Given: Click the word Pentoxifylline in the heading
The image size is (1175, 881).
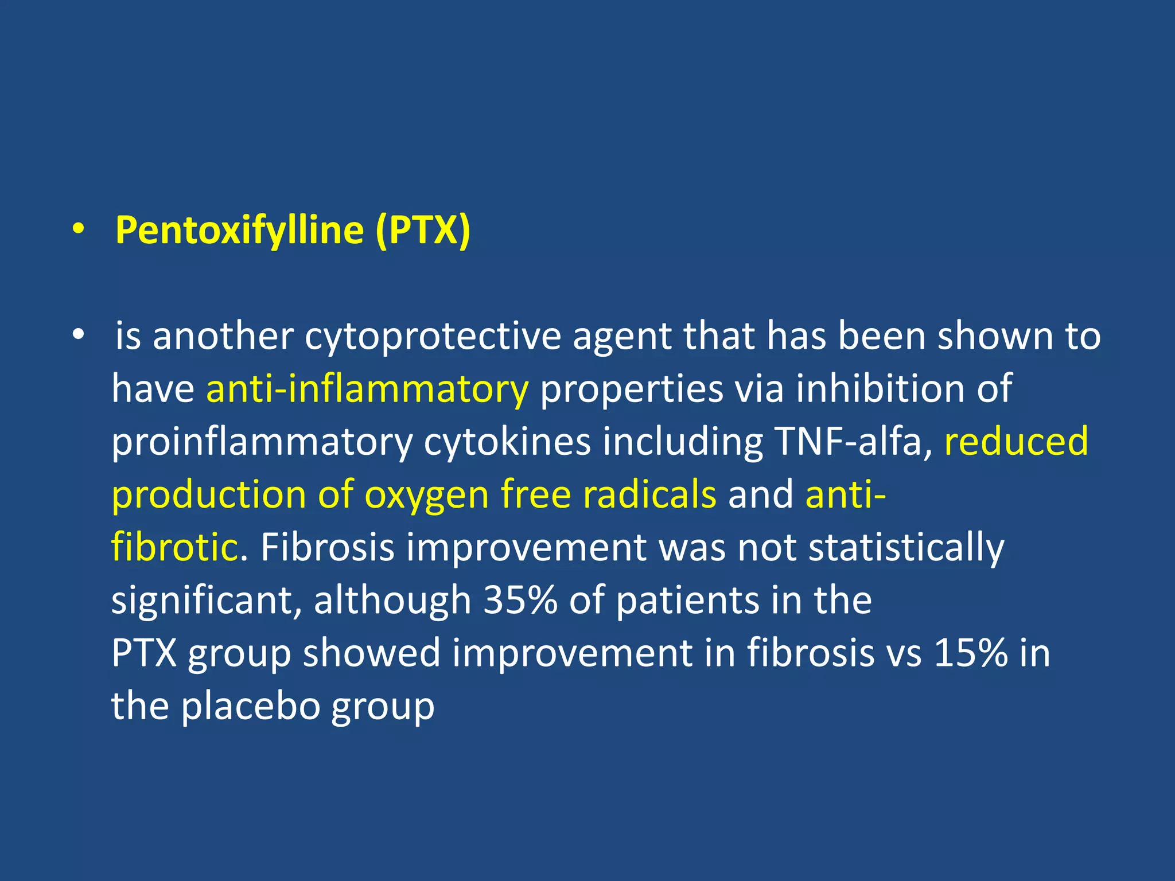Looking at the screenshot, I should tap(239, 231).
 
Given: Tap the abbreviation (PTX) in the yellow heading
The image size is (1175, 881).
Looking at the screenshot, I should tap(423, 231).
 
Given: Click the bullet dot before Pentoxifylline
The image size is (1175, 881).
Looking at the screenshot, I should tap(79, 230).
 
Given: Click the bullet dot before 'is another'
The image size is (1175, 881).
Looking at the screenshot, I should tap(79, 334).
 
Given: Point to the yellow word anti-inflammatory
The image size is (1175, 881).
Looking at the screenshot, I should tap(367, 389).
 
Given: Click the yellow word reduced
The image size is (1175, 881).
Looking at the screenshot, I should tap(1016, 442).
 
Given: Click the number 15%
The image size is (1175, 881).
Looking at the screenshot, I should tap(971, 653).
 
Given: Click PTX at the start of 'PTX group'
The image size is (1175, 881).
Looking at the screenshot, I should tap(144, 653).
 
